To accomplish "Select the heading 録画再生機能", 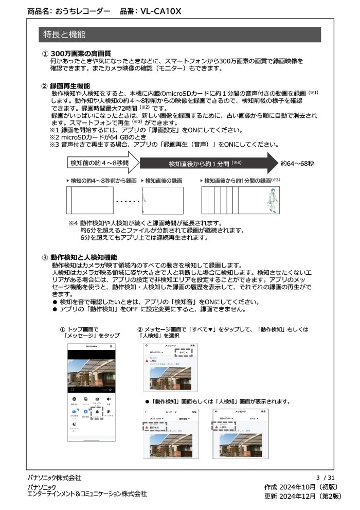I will click(70, 86).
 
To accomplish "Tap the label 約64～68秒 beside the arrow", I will click(297, 163).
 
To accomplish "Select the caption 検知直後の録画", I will click(164, 181).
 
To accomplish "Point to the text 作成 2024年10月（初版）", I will click(301, 487).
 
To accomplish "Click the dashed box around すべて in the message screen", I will click(183, 353).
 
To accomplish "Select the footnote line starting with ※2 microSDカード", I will click(94, 137).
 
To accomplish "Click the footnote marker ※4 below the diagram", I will click(73, 223).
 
